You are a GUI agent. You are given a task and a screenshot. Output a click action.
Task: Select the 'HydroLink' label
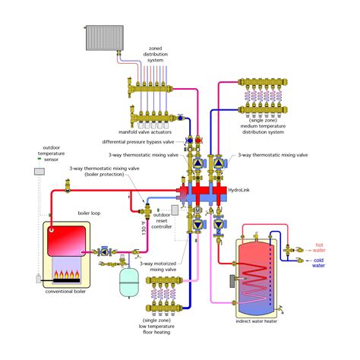click(x=238, y=191)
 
